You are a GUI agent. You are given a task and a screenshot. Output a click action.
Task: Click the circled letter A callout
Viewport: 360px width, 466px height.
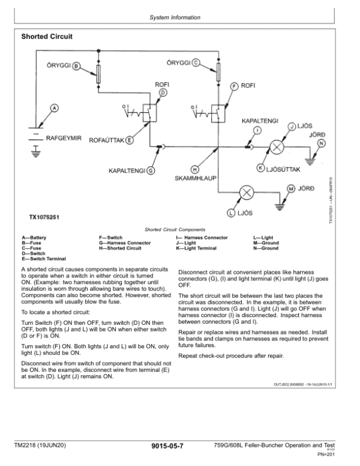pyautogui.click(x=54, y=107)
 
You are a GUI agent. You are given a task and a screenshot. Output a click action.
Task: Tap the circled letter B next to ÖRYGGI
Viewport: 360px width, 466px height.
pyautogui.click(x=76, y=67)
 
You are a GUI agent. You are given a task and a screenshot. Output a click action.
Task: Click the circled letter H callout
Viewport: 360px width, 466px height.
pyautogui.click(x=194, y=169)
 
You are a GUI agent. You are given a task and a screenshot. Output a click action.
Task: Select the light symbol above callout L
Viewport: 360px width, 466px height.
pyautogui.click(x=247, y=192)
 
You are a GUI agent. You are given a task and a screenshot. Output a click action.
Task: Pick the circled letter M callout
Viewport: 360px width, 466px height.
pyautogui.click(x=291, y=188)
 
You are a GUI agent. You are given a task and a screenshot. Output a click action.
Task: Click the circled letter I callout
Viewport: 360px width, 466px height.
pyautogui.click(x=257, y=130)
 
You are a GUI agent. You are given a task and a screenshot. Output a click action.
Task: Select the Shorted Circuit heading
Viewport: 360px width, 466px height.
pyautogui.click(x=47, y=37)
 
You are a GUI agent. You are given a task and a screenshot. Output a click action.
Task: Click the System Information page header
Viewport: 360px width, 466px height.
pyautogui.click(x=175, y=18)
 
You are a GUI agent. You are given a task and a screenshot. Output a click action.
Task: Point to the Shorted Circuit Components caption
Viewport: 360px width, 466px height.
pyautogui.click(x=175, y=229)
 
